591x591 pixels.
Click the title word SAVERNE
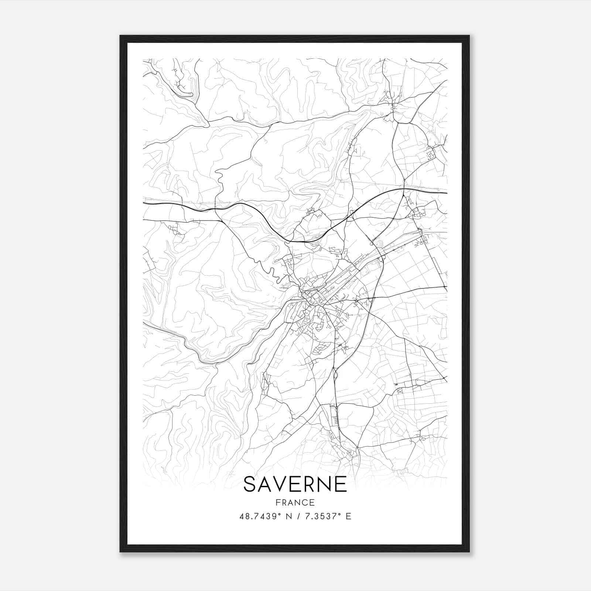click(295, 484)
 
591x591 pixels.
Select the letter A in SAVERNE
click(265, 484)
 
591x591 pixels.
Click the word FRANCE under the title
click(295, 502)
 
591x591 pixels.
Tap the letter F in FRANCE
click(278, 502)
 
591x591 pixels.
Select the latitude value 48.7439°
click(259, 516)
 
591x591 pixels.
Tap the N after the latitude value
click(289, 516)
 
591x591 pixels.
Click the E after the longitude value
click(348, 516)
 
